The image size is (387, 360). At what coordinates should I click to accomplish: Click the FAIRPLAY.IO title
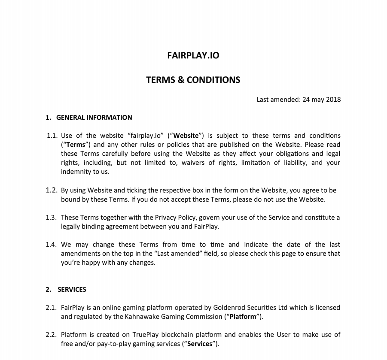point(193,55)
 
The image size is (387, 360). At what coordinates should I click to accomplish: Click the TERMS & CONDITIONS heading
point(193,80)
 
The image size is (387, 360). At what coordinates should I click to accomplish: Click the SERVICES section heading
point(72,290)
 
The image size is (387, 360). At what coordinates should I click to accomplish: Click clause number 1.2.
point(52,191)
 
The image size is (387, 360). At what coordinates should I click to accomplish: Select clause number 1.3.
point(52,218)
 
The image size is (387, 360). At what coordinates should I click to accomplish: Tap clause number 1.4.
point(52,245)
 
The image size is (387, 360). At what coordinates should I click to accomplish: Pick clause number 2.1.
point(52,308)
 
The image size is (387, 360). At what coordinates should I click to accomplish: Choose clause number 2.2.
point(52,335)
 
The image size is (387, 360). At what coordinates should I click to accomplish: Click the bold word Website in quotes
point(186,136)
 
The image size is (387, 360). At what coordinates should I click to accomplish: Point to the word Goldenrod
point(228,308)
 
